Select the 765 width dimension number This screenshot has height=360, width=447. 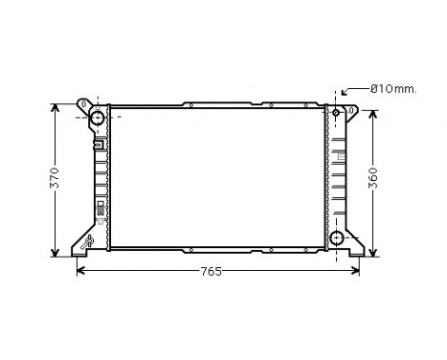pyautogui.click(x=212, y=273)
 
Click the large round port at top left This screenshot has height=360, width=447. pyautogui.click(x=97, y=118)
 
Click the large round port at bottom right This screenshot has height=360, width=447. pyautogui.click(x=337, y=238)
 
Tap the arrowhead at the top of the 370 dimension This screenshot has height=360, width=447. pyautogui.click(x=55, y=104)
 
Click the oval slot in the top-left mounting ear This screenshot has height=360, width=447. pyautogui.click(x=85, y=103)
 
